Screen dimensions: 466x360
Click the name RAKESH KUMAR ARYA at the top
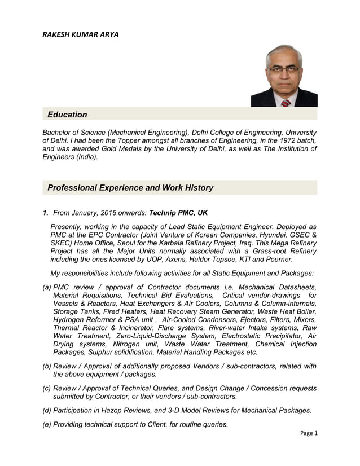pos(81,34)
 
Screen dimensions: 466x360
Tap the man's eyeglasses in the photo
pos(284,69)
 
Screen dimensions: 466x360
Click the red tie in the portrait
pos(286,103)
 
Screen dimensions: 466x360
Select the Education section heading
pos(67,115)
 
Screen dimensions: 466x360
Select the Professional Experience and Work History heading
pos(130,188)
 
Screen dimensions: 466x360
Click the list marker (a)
pos(47,287)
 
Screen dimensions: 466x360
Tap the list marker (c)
pos(47,388)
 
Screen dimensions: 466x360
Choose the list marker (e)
pos(47,424)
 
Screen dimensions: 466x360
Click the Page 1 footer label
pos(308,433)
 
